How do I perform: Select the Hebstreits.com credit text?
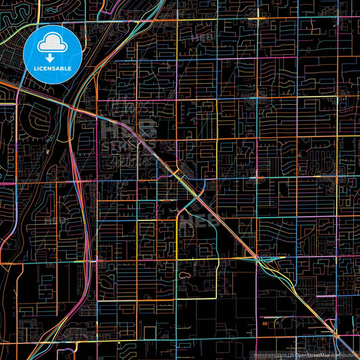pyautogui.click(x=269, y=354)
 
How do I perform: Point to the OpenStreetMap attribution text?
pyautogui.click(x=311, y=354)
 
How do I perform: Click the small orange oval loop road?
pyautogui.click(x=185, y=276)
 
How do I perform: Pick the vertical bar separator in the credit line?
pyautogui.click(x=287, y=354)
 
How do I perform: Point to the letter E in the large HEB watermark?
pyautogui.click(x=128, y=128)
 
